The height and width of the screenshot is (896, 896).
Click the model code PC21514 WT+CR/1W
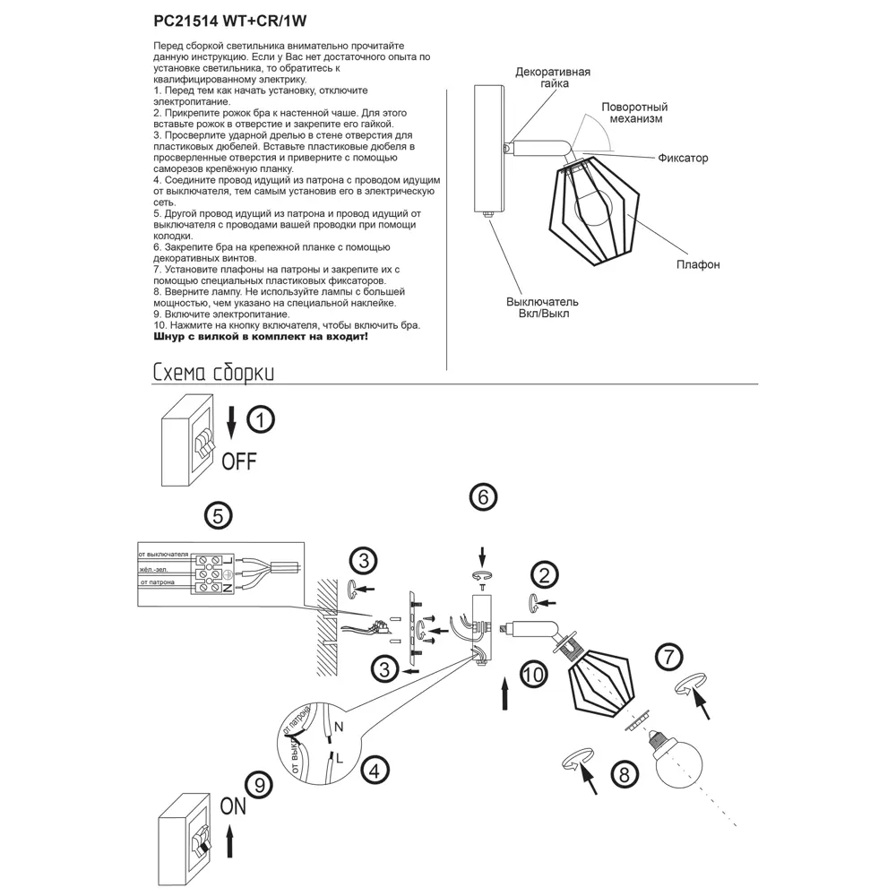[x=231, y=17]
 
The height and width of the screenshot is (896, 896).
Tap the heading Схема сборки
[x=212, y=373]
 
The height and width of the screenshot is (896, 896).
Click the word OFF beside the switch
[x=239, y=462]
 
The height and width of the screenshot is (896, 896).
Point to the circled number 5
[x=218, y=516]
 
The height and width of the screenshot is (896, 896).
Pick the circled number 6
[x=483, y=497]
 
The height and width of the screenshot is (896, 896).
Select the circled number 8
[x=625, y=772]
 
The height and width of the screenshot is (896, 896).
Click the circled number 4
[x=375, y=768]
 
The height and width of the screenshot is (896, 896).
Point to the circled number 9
[x=259, y=786]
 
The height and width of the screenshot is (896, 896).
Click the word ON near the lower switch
[x=233, y=806]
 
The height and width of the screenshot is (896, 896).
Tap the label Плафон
[x=698, y=265]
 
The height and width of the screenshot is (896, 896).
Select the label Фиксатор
[x=683, y=159]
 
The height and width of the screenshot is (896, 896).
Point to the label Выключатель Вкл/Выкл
[x=543, y=307]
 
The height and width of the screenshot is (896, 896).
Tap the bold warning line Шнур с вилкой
[x=260, y=338]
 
